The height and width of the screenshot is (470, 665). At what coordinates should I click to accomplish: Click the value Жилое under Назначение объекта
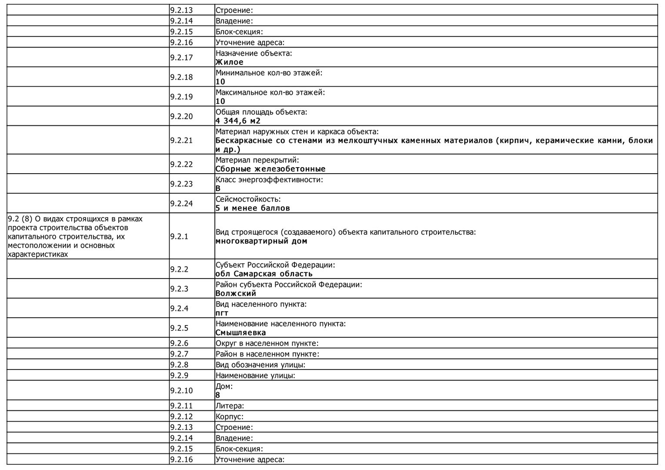(229, 62)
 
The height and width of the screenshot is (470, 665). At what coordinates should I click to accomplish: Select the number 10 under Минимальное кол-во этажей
(221, 82)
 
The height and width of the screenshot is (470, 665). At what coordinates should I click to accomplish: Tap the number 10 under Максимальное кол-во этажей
(221, 101)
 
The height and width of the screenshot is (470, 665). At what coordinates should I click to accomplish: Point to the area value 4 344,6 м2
(238, 121)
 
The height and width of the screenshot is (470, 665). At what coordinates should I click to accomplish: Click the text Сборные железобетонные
(270, 169)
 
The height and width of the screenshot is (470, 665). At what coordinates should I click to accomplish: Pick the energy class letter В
(218, 188)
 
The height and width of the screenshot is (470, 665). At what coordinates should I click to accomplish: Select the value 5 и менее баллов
(252, 208)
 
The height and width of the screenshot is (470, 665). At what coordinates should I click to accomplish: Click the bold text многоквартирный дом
(261, 241)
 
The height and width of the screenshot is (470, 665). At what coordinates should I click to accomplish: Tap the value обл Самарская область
(264, 274)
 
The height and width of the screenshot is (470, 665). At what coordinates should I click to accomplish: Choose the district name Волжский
(236, 293)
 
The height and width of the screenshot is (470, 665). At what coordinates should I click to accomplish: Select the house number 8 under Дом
(218, 395)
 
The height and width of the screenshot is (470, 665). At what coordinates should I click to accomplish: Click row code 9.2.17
(181, 57)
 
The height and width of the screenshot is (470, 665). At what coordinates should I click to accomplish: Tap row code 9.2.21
(181, 140)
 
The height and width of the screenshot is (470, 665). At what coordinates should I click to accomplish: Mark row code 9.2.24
(181, 203)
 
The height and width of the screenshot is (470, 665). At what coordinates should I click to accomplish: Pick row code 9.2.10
(181, 390)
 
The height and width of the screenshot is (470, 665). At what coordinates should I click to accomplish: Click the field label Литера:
(230, 406)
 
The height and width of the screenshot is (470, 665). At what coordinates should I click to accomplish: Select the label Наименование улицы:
(255, 375)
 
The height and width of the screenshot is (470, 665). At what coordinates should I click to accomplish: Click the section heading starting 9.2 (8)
(75, 236)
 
